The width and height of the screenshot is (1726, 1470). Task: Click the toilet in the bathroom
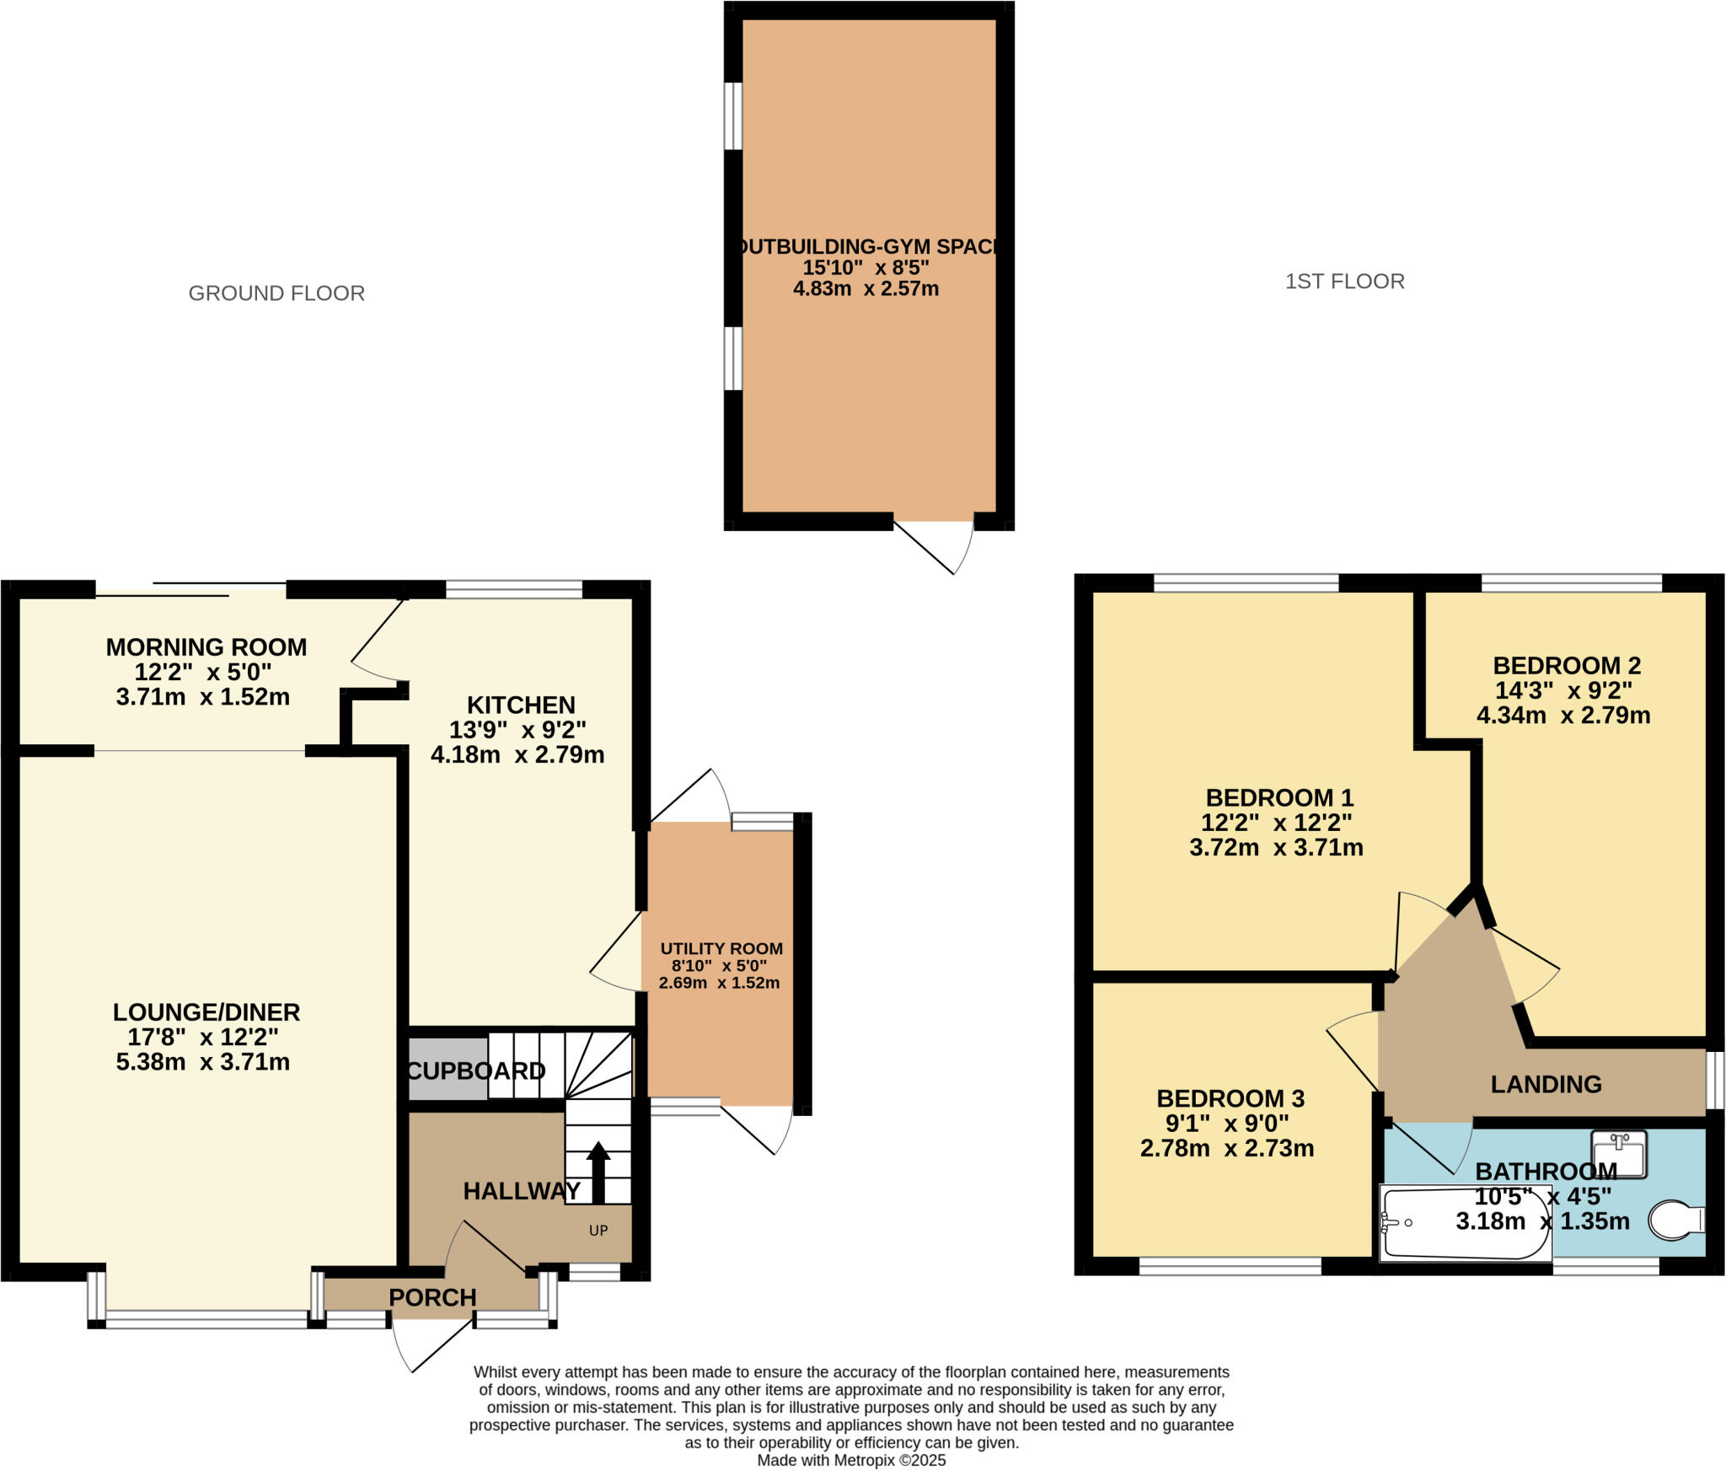click(1675, 1221)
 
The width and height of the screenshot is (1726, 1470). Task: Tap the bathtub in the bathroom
click(1465, 1222)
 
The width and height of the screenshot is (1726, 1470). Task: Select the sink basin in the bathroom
click(1618, 1153)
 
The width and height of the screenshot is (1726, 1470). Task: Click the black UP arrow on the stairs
click(598, 1172)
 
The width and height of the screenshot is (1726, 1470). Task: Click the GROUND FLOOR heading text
click(276, 293)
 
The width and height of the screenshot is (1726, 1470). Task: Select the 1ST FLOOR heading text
click(1344, 282)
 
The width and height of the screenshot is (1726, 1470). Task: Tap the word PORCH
click(432, 1297)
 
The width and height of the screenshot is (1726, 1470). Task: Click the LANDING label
click(1546, 1084)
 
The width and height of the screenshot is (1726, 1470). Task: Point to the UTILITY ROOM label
click(721, 948)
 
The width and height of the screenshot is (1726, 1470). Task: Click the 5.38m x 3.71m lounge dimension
click(202, 1061)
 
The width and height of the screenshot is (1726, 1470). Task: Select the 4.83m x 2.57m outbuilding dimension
click(866, 288)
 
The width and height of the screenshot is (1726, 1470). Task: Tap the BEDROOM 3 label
click(1230, 1098)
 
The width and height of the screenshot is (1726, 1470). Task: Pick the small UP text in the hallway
click(598, 1231)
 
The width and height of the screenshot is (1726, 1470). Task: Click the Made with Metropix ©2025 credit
click(851, 1461)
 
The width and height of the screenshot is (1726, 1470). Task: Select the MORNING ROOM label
click(206, 647)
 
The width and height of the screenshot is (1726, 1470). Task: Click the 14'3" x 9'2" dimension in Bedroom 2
click(1563, 690)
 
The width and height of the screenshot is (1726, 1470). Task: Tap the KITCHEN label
click(521, 705)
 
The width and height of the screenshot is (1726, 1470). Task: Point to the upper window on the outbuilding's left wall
click(734, 115)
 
